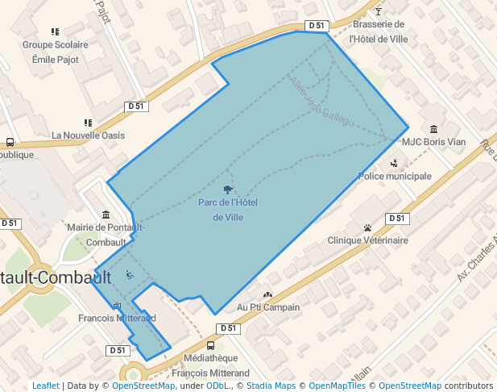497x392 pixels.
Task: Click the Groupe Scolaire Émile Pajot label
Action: [x=56, y=52]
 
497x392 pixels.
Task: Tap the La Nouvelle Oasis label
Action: [x=89, y=136]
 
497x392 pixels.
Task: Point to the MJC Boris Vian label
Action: [x=433, y=142]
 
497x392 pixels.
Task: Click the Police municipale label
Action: [x=395, y=176]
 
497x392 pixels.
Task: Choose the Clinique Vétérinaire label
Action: [x=367, y=240]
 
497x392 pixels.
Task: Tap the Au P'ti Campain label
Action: [x=268, y=307]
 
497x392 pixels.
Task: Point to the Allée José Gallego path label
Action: [x=321, y=102]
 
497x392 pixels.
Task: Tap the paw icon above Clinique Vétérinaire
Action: [x=367, y=227]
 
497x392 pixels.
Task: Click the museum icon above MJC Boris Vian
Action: [x=434, y=129]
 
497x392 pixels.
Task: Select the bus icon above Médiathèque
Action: [x=211, y=345]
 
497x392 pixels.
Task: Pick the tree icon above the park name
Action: [x=228, y=190]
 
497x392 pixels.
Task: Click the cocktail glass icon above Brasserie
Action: [x=379, y=12]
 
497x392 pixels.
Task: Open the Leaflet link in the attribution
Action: [x=45, y=386]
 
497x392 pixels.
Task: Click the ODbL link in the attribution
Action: [x=217, y=386]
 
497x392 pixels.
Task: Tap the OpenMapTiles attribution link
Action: [x=338, y=386]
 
